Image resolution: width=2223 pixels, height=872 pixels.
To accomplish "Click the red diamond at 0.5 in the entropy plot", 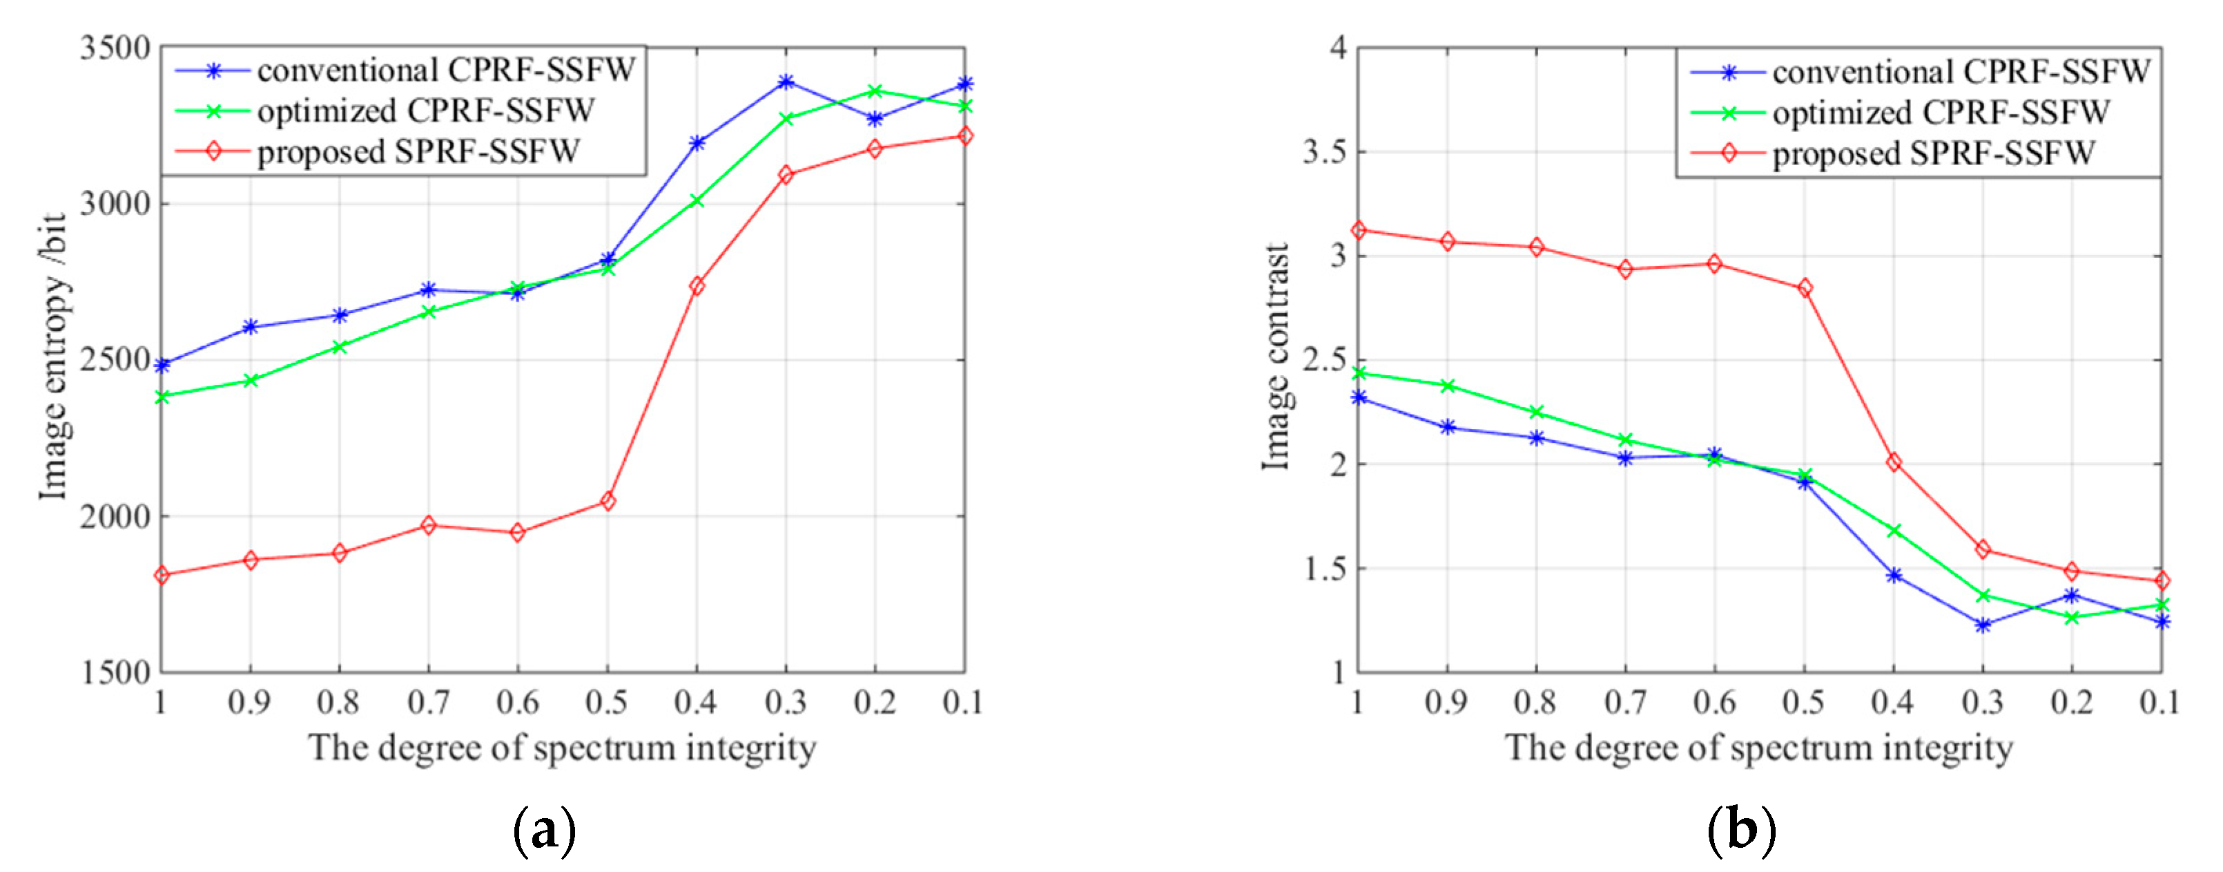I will pyautogui.click(x=608, y=501).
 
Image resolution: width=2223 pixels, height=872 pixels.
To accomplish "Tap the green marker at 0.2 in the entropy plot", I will pyautogui.click(x=875, y=91).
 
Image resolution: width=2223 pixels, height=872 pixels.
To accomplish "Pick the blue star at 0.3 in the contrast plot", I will pyautogui.click(x=1983, y=624).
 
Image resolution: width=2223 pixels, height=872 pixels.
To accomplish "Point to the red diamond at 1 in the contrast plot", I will pyautogui.click(x=1359, y=229).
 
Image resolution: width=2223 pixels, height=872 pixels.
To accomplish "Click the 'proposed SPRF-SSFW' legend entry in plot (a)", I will pyautogui.click(x=418, y=152).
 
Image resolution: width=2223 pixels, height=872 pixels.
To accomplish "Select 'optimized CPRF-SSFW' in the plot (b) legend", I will pyautogui.click(x=1941, y=112).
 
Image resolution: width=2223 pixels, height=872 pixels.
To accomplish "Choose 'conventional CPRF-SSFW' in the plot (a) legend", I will pyautogui.click(x=445, y=70).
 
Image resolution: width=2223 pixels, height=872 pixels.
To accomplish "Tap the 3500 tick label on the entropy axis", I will pyautogui.click(x=116, y=48).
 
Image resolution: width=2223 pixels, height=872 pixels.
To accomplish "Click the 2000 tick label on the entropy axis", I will pyautogui.click(x=116, y=516).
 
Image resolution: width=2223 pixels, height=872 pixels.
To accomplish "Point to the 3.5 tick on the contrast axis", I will pyautogui.click(x=1325, y=153).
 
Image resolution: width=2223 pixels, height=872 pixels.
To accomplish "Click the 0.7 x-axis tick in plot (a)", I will pyautogui.click(x=428, y=702).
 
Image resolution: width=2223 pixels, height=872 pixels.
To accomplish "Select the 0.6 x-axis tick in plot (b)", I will pyautogui.click(x=1714, y=702).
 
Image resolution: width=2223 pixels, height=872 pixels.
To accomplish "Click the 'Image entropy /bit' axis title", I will pyautogui.click(x=54, y=356).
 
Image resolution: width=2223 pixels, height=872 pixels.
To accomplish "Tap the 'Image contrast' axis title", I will pyautogui.click(x=1276, y=356).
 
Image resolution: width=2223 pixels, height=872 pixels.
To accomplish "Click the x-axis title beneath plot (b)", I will pyautogui.click(x=1759, y=747).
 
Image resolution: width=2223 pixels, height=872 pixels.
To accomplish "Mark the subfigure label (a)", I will pyautogui.click(x=544, y=830).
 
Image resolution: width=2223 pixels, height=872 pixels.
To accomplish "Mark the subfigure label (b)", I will pyautogui.click(x=1741, y=830).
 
